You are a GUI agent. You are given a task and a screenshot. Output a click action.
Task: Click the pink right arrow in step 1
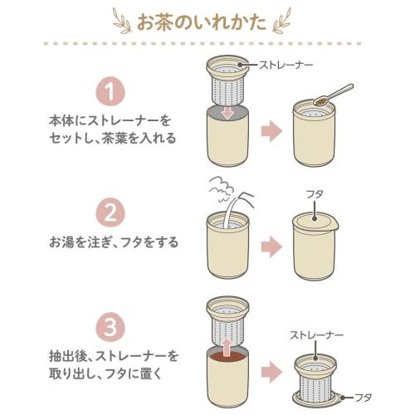click(271, 131)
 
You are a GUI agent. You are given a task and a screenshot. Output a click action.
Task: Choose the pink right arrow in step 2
click(271, 245)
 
